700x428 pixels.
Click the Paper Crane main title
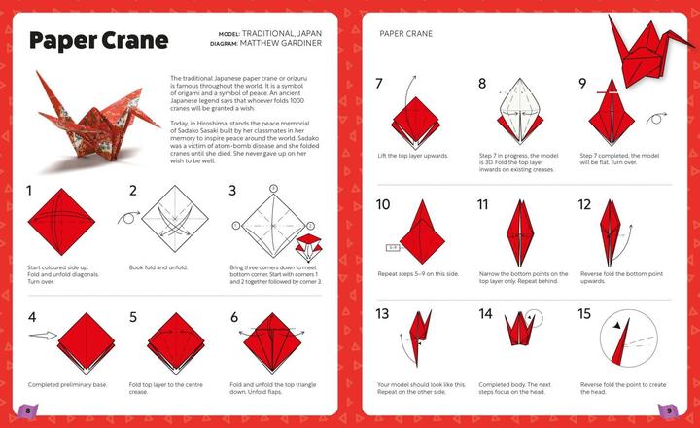point(97,41)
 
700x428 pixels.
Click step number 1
point(30,191)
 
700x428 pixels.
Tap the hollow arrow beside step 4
point(44,336)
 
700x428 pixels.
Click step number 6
point(234,317)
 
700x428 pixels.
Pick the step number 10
point(383,204)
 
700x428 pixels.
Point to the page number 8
point(28,410)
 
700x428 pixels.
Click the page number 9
point(670,410)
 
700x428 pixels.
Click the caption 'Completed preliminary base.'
point(64,385)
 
